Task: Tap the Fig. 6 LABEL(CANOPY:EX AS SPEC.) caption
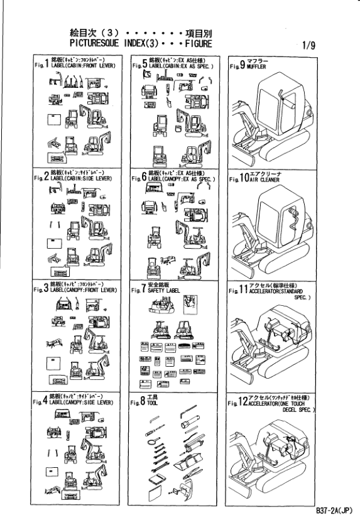click(x=183, y=180)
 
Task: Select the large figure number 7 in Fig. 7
click(x=144, y=290)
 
